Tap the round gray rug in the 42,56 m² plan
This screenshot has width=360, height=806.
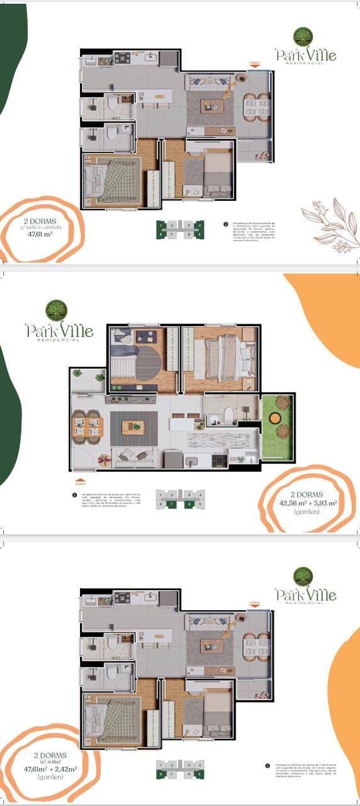click(x=149, y=363)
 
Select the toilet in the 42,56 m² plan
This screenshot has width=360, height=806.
click(x=228, y=414)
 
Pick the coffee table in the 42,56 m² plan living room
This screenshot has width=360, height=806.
click(x=133, y=427)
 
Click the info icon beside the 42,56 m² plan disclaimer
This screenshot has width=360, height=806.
click(x=75, y=495)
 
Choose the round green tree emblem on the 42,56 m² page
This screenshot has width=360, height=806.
click(x=56, y=310)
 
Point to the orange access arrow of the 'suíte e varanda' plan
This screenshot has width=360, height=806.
click(x=254, y=64)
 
